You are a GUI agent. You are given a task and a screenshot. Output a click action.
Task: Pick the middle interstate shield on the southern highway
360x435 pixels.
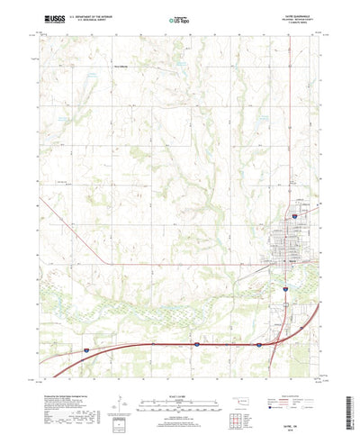(195, 343)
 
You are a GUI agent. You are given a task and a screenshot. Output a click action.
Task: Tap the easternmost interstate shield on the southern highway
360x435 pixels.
(258, 343)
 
